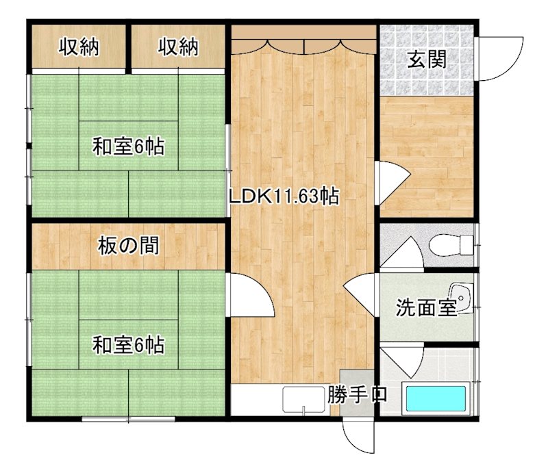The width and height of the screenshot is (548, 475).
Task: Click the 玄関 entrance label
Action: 427,60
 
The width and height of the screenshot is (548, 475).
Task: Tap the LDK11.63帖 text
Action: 284,197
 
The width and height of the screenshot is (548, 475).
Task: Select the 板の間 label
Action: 129,245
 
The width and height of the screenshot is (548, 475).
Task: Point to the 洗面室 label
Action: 426,308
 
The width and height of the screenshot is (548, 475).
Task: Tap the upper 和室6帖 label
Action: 129,146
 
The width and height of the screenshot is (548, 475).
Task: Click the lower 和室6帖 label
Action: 129,346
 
